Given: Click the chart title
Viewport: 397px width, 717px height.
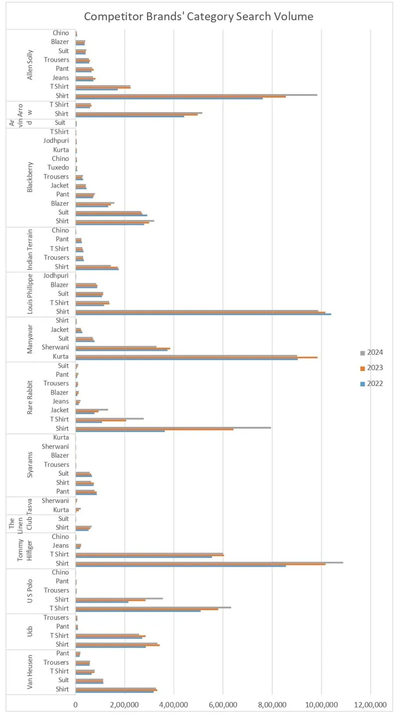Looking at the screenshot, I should [x=198, y=16].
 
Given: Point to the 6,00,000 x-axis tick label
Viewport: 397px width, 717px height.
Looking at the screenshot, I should [x=223, y=705].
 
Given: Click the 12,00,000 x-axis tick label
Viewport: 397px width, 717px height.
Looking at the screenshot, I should [x=371, y=705].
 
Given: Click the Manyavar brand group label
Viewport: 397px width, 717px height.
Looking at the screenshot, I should [x=30, y=339].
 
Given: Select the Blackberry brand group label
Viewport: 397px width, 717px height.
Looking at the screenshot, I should [x=30, y=177].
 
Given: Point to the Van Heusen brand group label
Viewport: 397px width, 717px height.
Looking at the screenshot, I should [x=30, y=672].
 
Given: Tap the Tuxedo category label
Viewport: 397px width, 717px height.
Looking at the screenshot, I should [x=58, y=168].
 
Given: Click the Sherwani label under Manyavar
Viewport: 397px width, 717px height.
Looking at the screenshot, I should [x=55, y=348].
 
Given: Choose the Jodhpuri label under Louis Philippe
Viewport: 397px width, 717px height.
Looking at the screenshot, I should [x=56, y=275].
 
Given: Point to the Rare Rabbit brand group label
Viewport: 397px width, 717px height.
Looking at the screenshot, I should [x=30, y=397].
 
